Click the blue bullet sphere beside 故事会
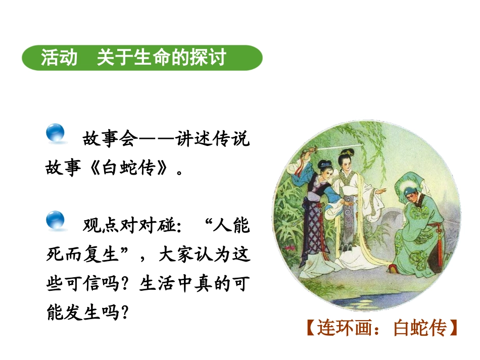[x=56, y=133]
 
